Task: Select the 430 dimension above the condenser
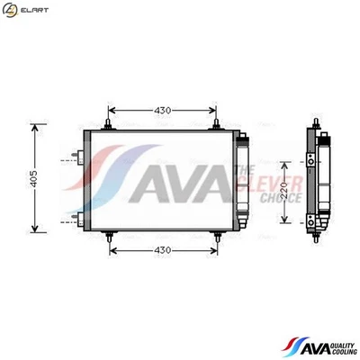pyautogui.click(x=162, y=110)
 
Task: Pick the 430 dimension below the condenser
pyautogui.click(x=162, y=248)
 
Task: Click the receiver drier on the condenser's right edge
pyautogui.click(x=241, y=180)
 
